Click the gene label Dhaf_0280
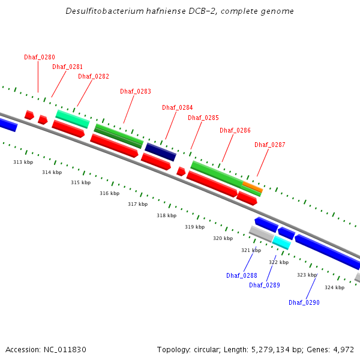tap(40, 57)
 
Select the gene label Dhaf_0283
tap(136, 91)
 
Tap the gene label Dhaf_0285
tap(203, 118)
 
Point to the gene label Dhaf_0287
tap(270, 145)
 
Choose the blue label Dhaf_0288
tap(242, 275)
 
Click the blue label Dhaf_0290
tap(304, 302)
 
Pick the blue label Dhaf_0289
tap(265, 285)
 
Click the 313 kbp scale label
tap(23, 162)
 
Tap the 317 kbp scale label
tap(137, 204)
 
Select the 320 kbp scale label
tap(223, 238)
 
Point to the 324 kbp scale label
tap(335, 287)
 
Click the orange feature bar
tap(253, 187)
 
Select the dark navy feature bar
tap(160, 152)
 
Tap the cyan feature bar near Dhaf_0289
tap(281, 242)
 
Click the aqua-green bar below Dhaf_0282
tap(73, 119)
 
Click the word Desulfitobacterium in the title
tap(101, 11)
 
